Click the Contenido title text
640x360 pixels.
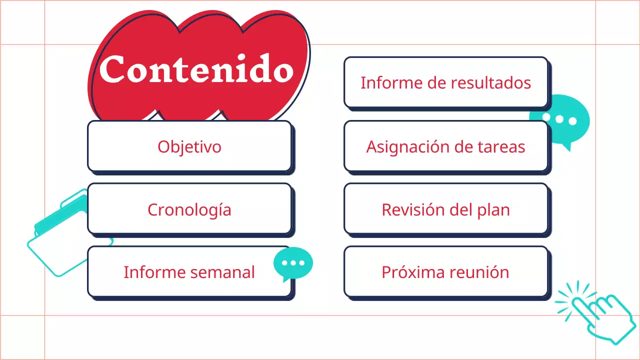pyautogui.click(x=196, y=69)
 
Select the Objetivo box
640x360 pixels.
pyautogui.click(x=189, y=146)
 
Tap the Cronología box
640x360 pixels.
pyautogui.click(x=189, y=209)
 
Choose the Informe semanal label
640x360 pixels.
pyautogui.click(x=189, y=272)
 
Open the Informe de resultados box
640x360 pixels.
pyautogui.click(x=445, y=82)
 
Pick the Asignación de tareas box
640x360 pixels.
pyautogui.click(x=445, y=146)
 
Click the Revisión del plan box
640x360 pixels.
pyautogui.click(x=445, y=209)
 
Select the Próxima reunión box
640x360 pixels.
pyautogui.click(x=445, y=272)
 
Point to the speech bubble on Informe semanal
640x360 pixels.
pyautogui.click(x=293, y=263)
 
